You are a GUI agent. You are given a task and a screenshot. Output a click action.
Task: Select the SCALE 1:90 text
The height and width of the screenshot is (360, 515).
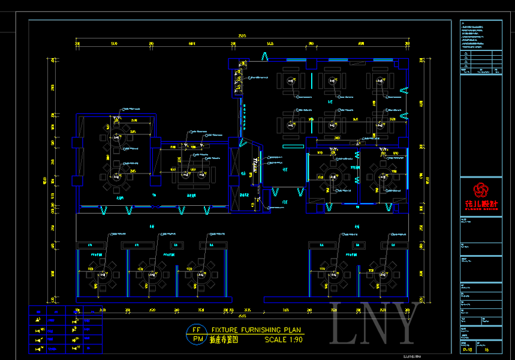point(284,340)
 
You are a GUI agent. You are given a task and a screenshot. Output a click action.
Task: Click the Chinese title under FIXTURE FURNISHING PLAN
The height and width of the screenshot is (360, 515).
point(224,340)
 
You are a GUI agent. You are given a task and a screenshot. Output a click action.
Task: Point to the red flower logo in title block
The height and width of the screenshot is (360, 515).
point(481,190)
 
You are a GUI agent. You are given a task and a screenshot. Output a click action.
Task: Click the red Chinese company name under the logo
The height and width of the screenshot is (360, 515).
point(481,203)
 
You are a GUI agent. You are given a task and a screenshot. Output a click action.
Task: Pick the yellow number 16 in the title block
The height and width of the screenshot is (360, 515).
point(487,349)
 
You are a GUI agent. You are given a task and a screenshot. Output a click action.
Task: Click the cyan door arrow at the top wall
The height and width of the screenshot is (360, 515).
point(264,56)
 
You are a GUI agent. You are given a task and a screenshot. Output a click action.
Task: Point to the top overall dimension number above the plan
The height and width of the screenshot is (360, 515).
point(242,37)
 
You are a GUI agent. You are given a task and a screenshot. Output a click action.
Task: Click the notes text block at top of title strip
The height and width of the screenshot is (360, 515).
point(480,36)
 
